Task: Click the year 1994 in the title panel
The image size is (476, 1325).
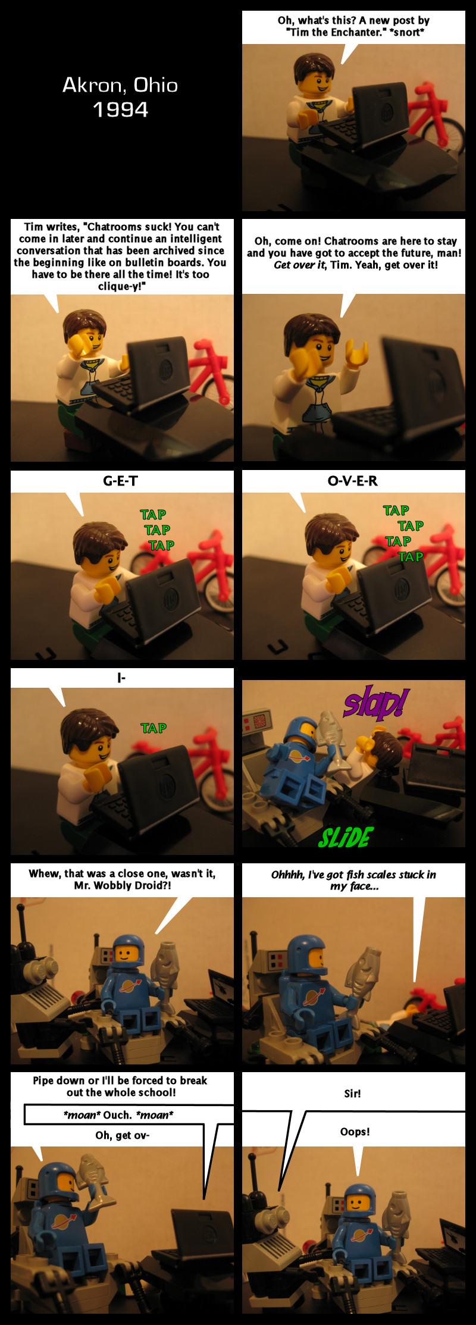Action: pyautogui.click(x=120, y=109)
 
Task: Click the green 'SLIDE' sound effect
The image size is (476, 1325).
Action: pyautogui.click(x=346, y=838)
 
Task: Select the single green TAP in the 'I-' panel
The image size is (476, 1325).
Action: pyautogui.click(x=154, y=728)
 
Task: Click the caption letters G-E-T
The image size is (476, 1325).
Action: pyautogui.click(x=120, y=481)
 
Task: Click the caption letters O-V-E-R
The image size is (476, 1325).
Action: pyautogui.click(x=352, y=481)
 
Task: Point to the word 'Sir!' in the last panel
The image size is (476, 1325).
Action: pyautogui.click(x=352, y=1093)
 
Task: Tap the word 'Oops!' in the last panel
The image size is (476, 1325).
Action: pyautogui.click(x=355, y=1131)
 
